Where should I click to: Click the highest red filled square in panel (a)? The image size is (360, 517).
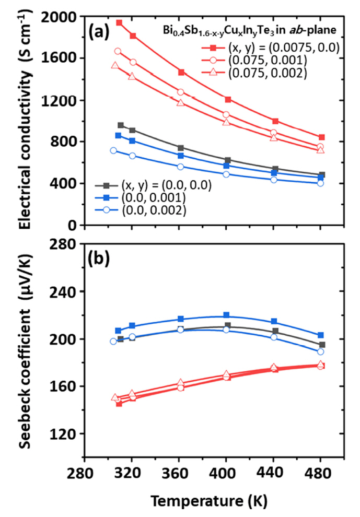(119, 23)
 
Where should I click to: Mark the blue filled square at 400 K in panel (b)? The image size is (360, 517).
(226, 315)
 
